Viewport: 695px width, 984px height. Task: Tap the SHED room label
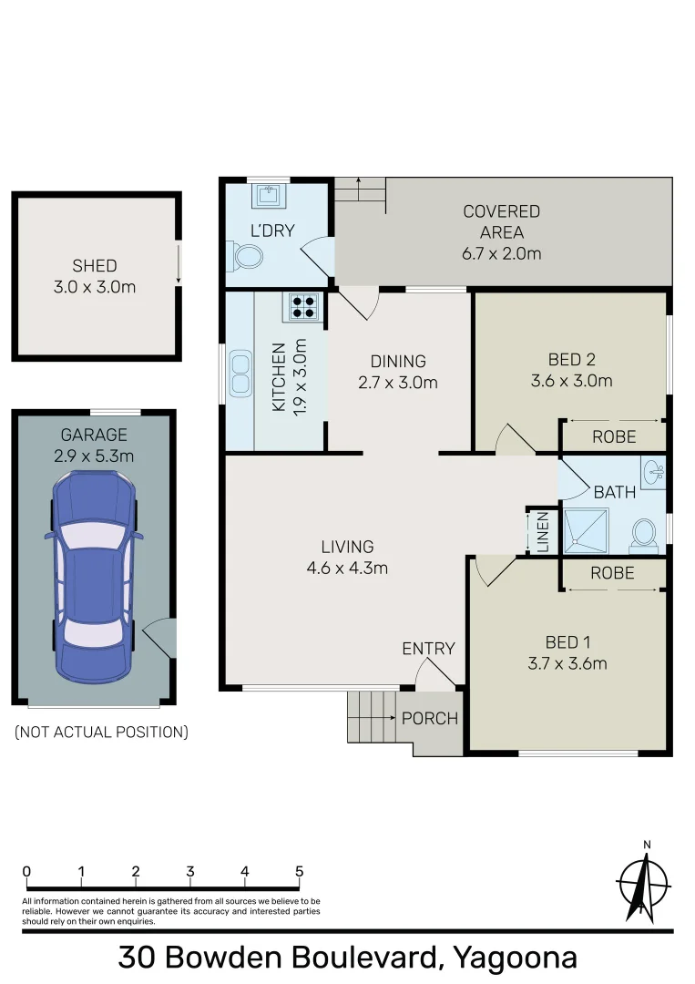95,266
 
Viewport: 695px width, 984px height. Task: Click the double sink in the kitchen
240,374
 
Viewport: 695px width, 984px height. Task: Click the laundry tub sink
269,196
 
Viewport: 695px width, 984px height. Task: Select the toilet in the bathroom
645,535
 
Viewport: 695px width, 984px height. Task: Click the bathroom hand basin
652,471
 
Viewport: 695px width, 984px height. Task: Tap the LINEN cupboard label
542,531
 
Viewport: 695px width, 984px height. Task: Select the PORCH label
430,718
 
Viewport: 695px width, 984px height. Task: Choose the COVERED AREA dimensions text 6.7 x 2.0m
501,253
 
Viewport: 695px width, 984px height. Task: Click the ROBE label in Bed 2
614,437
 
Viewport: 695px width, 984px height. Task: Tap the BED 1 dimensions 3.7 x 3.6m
567,663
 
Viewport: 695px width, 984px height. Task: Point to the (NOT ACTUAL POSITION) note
101,732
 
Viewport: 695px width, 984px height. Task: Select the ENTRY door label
428,649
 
